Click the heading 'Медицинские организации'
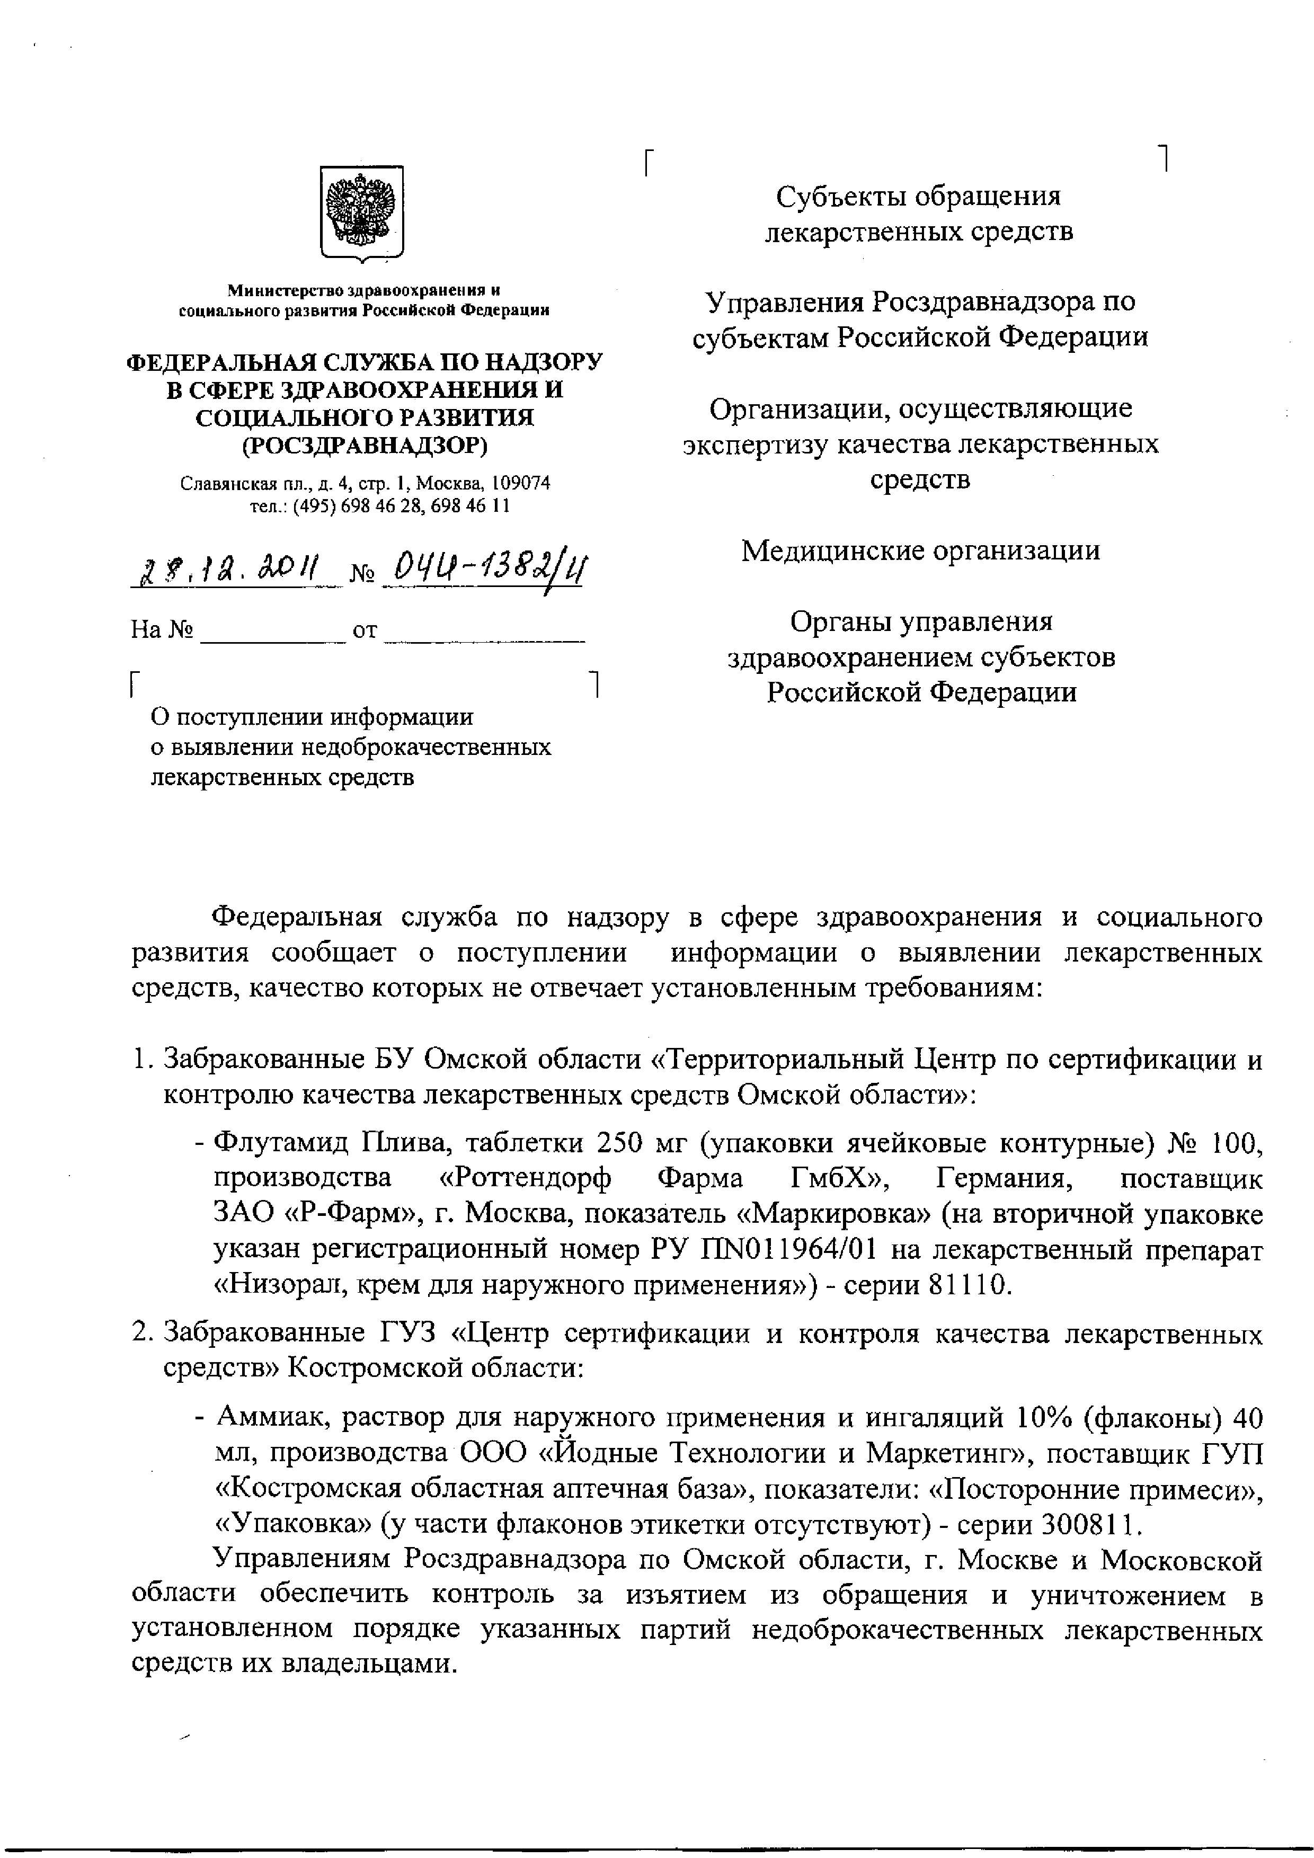click(x=921, y=551)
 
